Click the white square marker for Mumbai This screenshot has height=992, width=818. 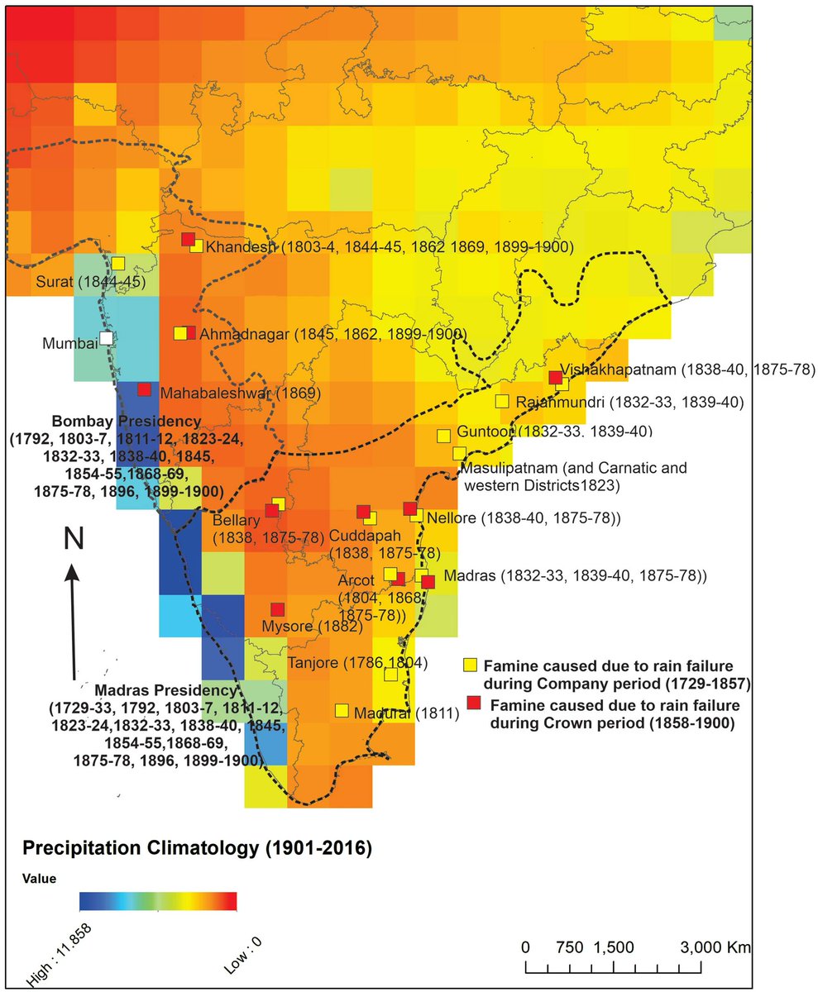pyautogui.click(x=106, y=338)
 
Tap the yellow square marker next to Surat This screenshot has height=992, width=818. pyautogui.click(x=118, y=263)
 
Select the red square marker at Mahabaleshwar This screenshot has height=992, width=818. pyautogui.click(x=144, y=389)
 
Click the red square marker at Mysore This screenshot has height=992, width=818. pyautogui.click(x=277, y=608)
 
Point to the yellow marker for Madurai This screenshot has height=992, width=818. pyautogui.click(x=341, y=710)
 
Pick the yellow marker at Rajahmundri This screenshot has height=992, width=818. pyautogui.click(x=501, y=402)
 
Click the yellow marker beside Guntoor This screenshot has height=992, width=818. pyautogui.click(x=443, y=435)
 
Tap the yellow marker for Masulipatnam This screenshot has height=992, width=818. pyautogui.click(x=459, y=453)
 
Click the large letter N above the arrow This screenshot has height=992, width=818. pyautogui.click(x=74, y=539)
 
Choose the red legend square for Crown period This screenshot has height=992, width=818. pyautogui.click(x=474, y=703)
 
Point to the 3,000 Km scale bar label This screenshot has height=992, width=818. pyautogui.click(x=708, y=947)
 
